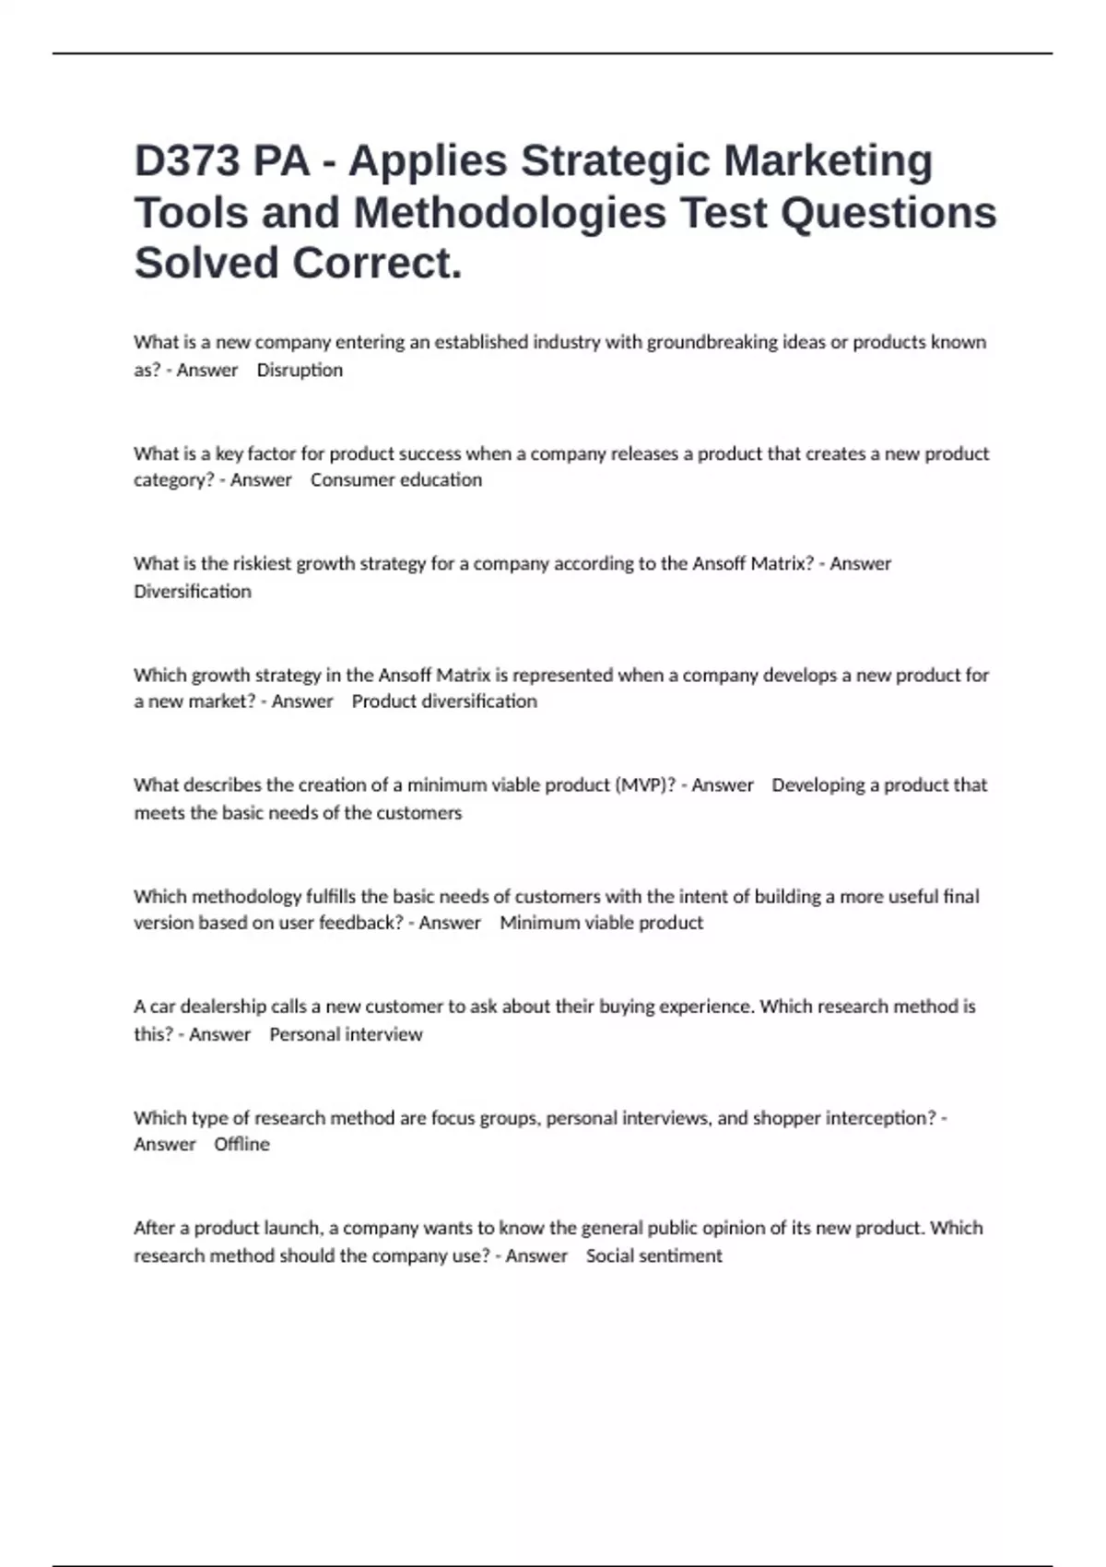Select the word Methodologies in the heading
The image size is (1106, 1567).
tap(510, 213)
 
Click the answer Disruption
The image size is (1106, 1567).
tap(300, 371)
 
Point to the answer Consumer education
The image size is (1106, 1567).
tap(396, 480)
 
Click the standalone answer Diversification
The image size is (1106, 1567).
tap(193, 592)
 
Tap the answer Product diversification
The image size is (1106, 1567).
tap(444, 701)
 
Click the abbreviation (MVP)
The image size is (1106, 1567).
tap(644, 785)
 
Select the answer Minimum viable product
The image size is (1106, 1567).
tap(602, 923)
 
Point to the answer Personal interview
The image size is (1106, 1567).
tap(346, 1034)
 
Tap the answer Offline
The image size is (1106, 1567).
tap(241, 1144)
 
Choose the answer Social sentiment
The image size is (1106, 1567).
tap(654, 1255)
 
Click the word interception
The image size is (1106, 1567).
tap(880, 1118)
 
